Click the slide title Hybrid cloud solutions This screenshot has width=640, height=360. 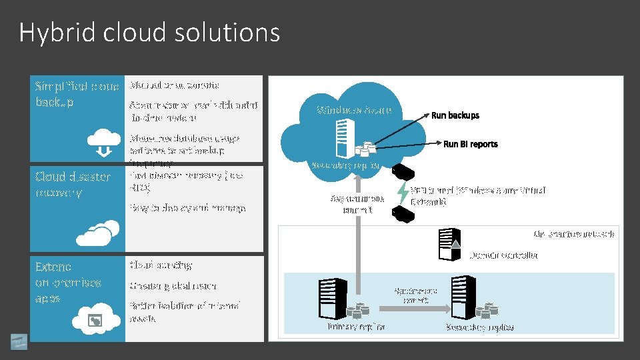click(149, 32)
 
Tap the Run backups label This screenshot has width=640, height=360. click(455, 115)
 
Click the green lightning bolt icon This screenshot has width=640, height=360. click(403, 192)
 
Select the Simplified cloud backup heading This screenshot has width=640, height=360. click(77, 94)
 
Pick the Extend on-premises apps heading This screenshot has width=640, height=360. click(68, 283)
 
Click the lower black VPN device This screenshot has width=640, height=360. click(402, 213)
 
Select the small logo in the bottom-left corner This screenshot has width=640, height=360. click(19, 340)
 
